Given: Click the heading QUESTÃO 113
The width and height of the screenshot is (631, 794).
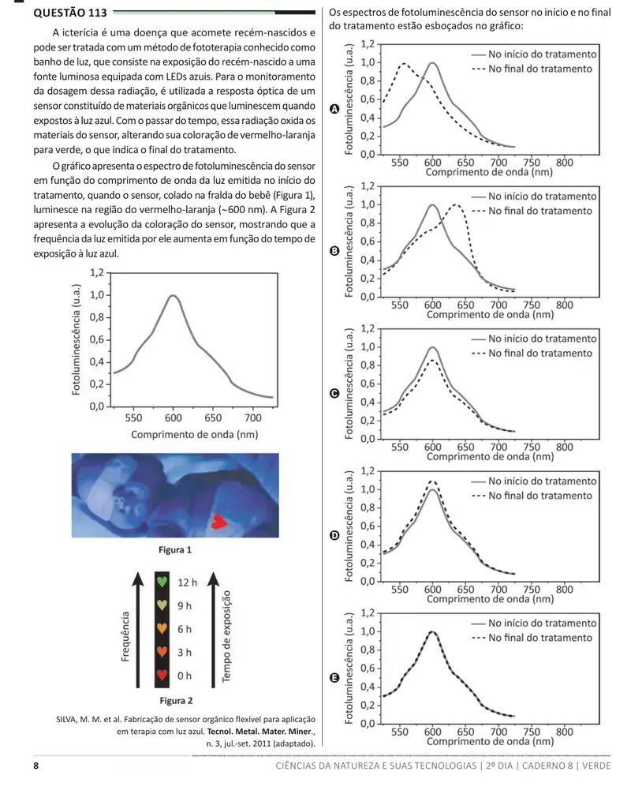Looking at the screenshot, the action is click(x=70, y=13).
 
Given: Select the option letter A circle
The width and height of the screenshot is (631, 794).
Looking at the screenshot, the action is click(x=334, y=109).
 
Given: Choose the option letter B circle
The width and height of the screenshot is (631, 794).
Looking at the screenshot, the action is click(x=334, y=251).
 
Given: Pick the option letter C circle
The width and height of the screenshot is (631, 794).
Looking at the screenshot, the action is click(x=334, y=393).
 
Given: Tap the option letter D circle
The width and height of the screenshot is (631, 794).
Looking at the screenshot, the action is click(x=334, y=535).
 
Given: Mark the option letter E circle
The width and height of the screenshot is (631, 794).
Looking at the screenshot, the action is click(x=334, y=677).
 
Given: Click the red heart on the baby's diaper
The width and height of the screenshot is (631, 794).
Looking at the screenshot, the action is click(x=218, y=522).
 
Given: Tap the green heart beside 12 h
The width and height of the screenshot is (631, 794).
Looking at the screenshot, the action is click(x=162, y=582).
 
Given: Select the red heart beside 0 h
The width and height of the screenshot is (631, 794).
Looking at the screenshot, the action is click(x=162, y=675).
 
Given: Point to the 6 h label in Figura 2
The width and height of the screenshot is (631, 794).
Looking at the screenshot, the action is click(x=185, y=629).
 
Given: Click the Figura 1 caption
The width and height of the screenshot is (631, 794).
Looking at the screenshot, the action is click(x=175, y=549).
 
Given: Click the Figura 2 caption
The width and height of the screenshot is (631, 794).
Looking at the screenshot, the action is click(x=176, y=700).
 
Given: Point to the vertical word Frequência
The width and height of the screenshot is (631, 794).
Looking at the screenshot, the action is click(x=125, y=636).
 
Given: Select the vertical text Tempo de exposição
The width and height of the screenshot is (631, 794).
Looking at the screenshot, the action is click(x=226, y=636).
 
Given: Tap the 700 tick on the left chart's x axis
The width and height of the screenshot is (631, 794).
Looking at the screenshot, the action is click(x=253, y=418).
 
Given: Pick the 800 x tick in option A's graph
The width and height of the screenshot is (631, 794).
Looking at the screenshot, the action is click(x=565, y=163).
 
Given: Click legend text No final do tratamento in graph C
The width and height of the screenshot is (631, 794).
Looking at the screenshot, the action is click(x=540, y=353).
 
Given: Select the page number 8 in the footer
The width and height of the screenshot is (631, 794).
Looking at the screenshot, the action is click(x=36, y=766).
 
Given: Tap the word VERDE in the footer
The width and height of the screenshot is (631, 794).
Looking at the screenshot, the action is click(x=596, y=766).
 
